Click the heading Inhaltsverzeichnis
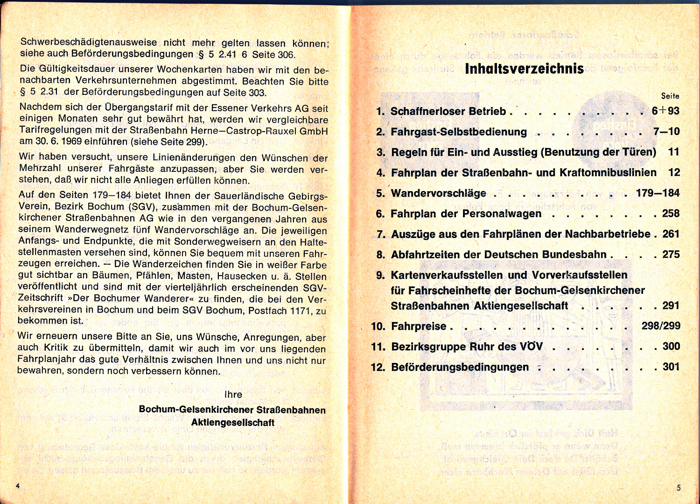click(x=524, y=69)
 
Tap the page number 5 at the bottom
click(x=679, y=488)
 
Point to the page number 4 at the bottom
click(x=18, y=486)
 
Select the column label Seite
click(x=670, y=96)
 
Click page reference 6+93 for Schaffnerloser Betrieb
click(x=665, y=111)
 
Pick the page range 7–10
click(x=666, y=132)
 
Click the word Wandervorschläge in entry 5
click(x=438, y=193)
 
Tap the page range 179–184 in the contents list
click(x=658, y=193)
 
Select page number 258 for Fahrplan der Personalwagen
click(x=671, y=213)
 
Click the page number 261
click(x=671, y=234)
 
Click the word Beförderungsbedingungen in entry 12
click(x=460, y=367)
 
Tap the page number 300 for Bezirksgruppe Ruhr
click(x=671, y=346)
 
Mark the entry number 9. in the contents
click(x=381, y=275)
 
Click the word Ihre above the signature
click(x=233, y=394)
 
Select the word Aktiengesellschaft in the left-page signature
click(x=232, y=423)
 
